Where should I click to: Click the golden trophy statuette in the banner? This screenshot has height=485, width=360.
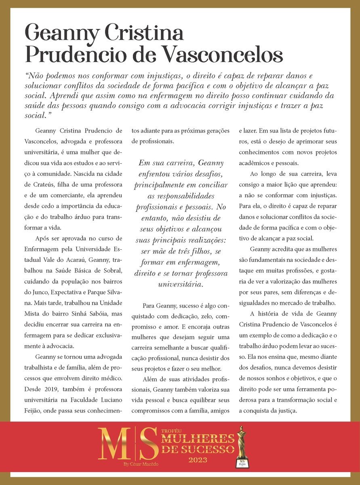[242, 447]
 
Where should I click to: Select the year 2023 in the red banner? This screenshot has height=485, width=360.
[198, 460]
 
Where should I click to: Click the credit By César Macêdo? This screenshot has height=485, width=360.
[141, 464]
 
